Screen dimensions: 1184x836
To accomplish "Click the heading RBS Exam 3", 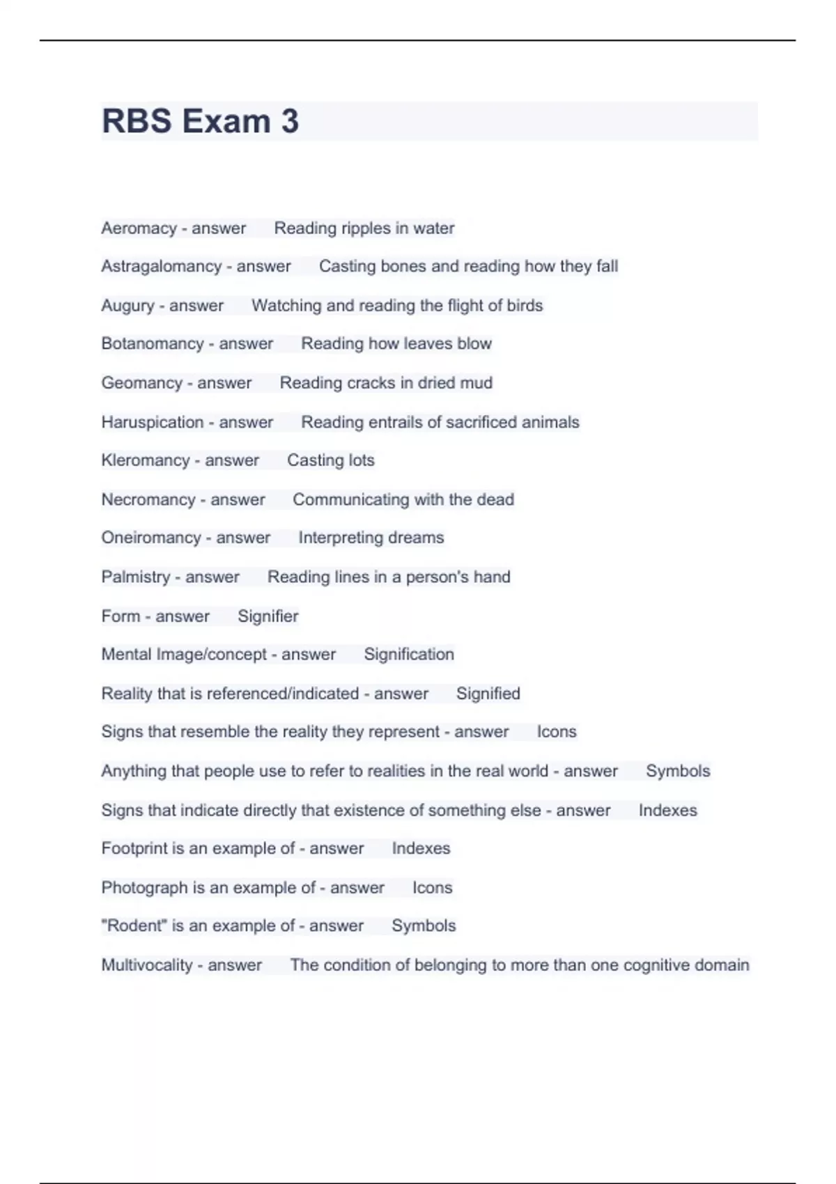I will (x=201, y=121).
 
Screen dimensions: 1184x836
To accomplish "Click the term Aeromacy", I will (x=139, y=228).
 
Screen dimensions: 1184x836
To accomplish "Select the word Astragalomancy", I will (x=161, y=266).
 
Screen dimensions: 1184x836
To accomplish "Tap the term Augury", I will (x=127, y=306).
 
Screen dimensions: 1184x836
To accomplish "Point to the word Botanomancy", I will (x=152, y=343).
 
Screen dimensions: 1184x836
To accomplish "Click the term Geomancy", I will (x=141, y=383).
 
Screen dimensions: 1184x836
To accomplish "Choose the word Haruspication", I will (x=152, y=422).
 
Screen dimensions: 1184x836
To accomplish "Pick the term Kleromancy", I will (x=145, y=460).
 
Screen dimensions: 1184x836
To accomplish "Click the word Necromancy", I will (x=148, y=499).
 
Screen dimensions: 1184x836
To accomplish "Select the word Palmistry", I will (x=135, y=577).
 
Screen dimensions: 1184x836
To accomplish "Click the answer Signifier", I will (x=268, y=616).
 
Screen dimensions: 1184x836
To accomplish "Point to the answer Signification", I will (x=408, y=655).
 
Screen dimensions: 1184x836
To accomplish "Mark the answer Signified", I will (x=488, y=694).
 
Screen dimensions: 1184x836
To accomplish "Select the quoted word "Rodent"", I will (x=133, y=926).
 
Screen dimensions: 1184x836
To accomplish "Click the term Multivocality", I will (x=146, y=965).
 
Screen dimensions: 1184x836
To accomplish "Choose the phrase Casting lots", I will (x=330, y=460).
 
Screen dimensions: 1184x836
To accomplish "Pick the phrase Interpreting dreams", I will (x=371, y=538).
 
